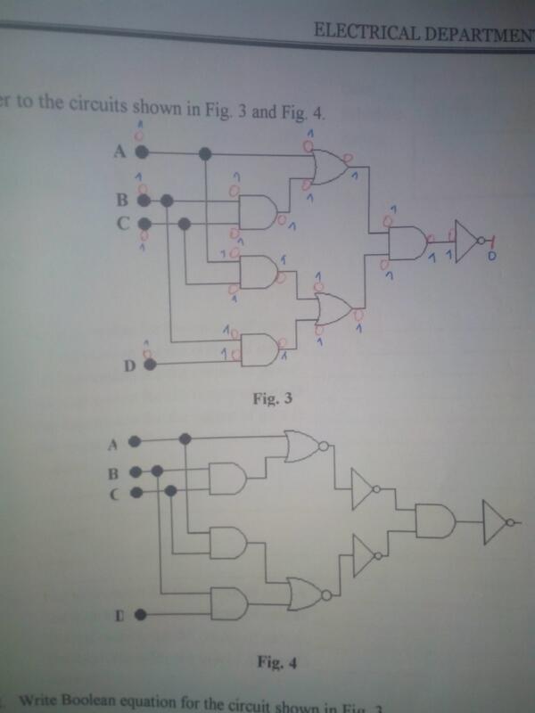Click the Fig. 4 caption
click(x=274, y=662)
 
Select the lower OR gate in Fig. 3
click(x=334, y=309)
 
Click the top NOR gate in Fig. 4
click(x=303, y=446)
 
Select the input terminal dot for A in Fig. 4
click(x=132, y=440)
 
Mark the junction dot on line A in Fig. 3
click(x=205, y=153)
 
